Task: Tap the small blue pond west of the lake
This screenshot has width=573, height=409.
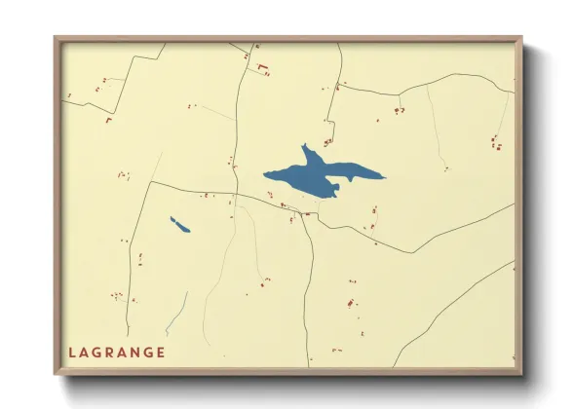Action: pos(179,225)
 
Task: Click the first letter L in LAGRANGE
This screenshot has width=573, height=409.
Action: pos(73,353)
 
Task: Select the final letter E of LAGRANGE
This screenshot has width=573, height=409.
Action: pos(160,353)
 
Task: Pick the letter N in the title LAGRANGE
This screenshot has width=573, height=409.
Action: pos(134,353)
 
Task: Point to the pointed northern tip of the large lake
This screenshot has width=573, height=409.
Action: pos(304,146)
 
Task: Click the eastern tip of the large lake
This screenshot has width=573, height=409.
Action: pos(384,177)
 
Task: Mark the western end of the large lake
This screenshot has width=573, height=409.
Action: pos(264,175)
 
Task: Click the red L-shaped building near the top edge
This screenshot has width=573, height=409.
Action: pos(261,68)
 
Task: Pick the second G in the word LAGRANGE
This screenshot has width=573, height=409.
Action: pos(147,353)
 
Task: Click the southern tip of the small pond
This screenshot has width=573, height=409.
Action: pos(188,232)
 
